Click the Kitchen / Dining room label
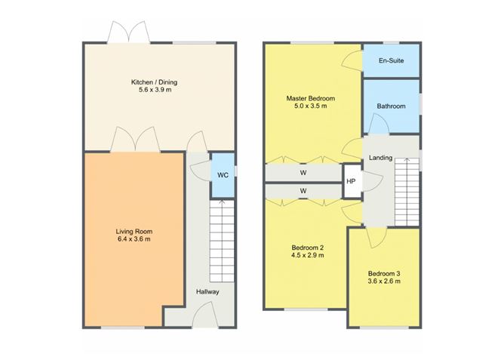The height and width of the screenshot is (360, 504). tap(154, 82)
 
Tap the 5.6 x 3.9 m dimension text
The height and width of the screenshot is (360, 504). tap(154, 91)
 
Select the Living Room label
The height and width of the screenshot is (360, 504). tap(133, 231)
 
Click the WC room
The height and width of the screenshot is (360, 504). tap(223, 175)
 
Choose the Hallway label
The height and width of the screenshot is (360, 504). tap(207, 291)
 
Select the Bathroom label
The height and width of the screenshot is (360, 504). tap(392, 106)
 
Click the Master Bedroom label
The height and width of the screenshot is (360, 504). tap(310, 99)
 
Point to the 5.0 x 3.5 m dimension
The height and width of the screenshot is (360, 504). tap(310, 108)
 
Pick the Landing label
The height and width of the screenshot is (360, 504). tap(380, 157)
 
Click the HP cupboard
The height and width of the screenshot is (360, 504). tap(351, 182)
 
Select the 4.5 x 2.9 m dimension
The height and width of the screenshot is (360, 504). tap(308, 256)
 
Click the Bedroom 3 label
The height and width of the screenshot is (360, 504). tap(384, 273)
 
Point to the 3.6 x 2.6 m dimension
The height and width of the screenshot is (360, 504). tap(384, 282)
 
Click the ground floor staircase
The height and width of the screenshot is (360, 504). tap(223, 242)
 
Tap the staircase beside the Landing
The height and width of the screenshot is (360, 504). tap(406, 192)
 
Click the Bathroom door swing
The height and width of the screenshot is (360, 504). tap(380, 125)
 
